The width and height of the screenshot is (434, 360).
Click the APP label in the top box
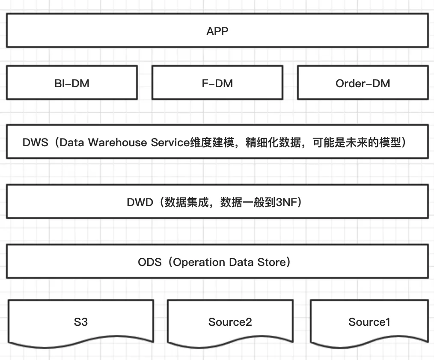(x=217, y=31)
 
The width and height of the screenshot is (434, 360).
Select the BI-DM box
(x=72, y=83)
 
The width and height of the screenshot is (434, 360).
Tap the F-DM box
(x=217, y=83)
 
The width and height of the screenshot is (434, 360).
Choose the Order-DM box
(x=363, y=83)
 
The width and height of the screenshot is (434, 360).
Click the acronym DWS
(x=36, y=142)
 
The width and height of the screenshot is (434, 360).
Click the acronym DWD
(x=140, y=202)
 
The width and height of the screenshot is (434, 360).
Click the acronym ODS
(x=150, y=262)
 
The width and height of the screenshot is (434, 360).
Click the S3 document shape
(x=80, y=322)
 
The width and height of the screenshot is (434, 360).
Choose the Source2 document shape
(x=230, y=322)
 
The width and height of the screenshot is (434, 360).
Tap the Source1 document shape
(x=369, y=322)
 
